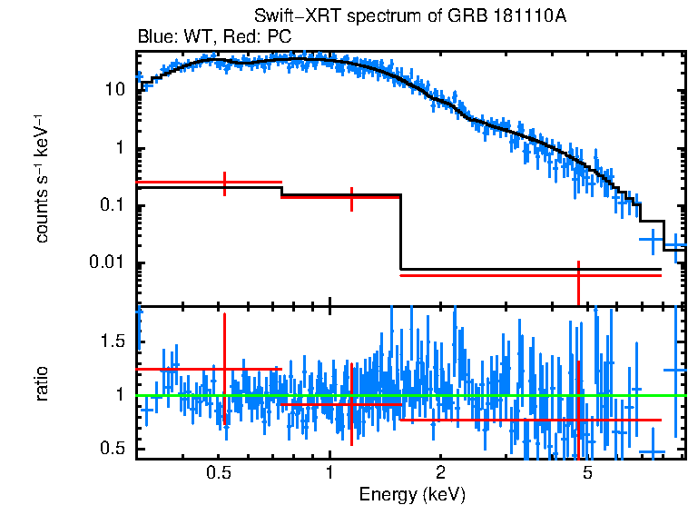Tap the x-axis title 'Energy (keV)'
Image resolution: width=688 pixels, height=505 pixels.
(x=412, y=494)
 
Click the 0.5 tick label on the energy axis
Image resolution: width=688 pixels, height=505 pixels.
(x=218, y=472)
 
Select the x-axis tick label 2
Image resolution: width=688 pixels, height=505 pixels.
(x=439, y=472)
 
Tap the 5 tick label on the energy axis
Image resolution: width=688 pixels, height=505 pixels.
(x=586, y=472)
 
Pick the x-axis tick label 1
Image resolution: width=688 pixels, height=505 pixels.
(x=329, y=472)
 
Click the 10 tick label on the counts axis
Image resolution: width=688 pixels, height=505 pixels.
(x=114, y=91)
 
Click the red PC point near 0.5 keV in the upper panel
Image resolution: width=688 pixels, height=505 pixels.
(x=224, y=183)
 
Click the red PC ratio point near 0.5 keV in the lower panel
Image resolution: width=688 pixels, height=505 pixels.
(x=224, y=369)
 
